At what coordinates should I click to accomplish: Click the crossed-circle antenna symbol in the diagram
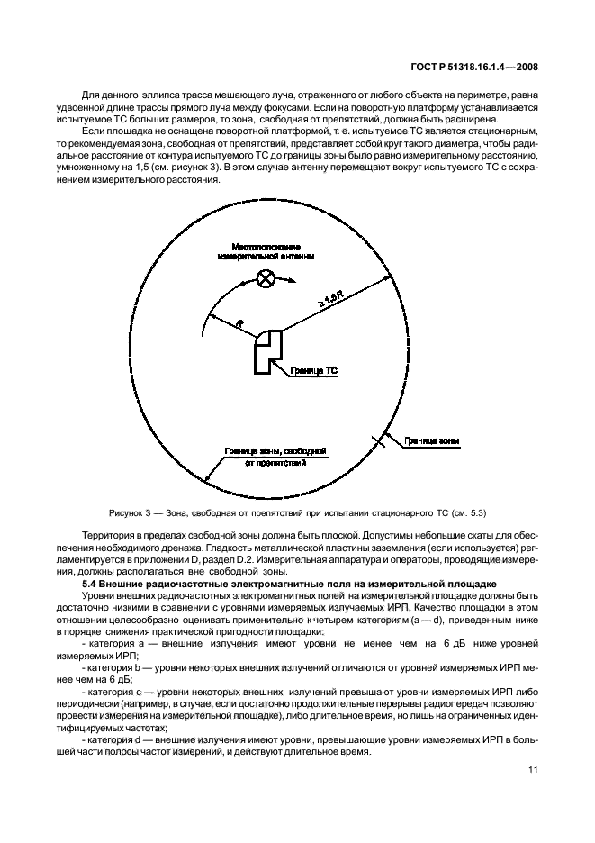[x=266, y=278]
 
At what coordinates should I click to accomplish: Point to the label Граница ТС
[x=313, y=370]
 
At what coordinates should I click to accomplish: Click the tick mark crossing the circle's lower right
[x=382, y=440]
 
